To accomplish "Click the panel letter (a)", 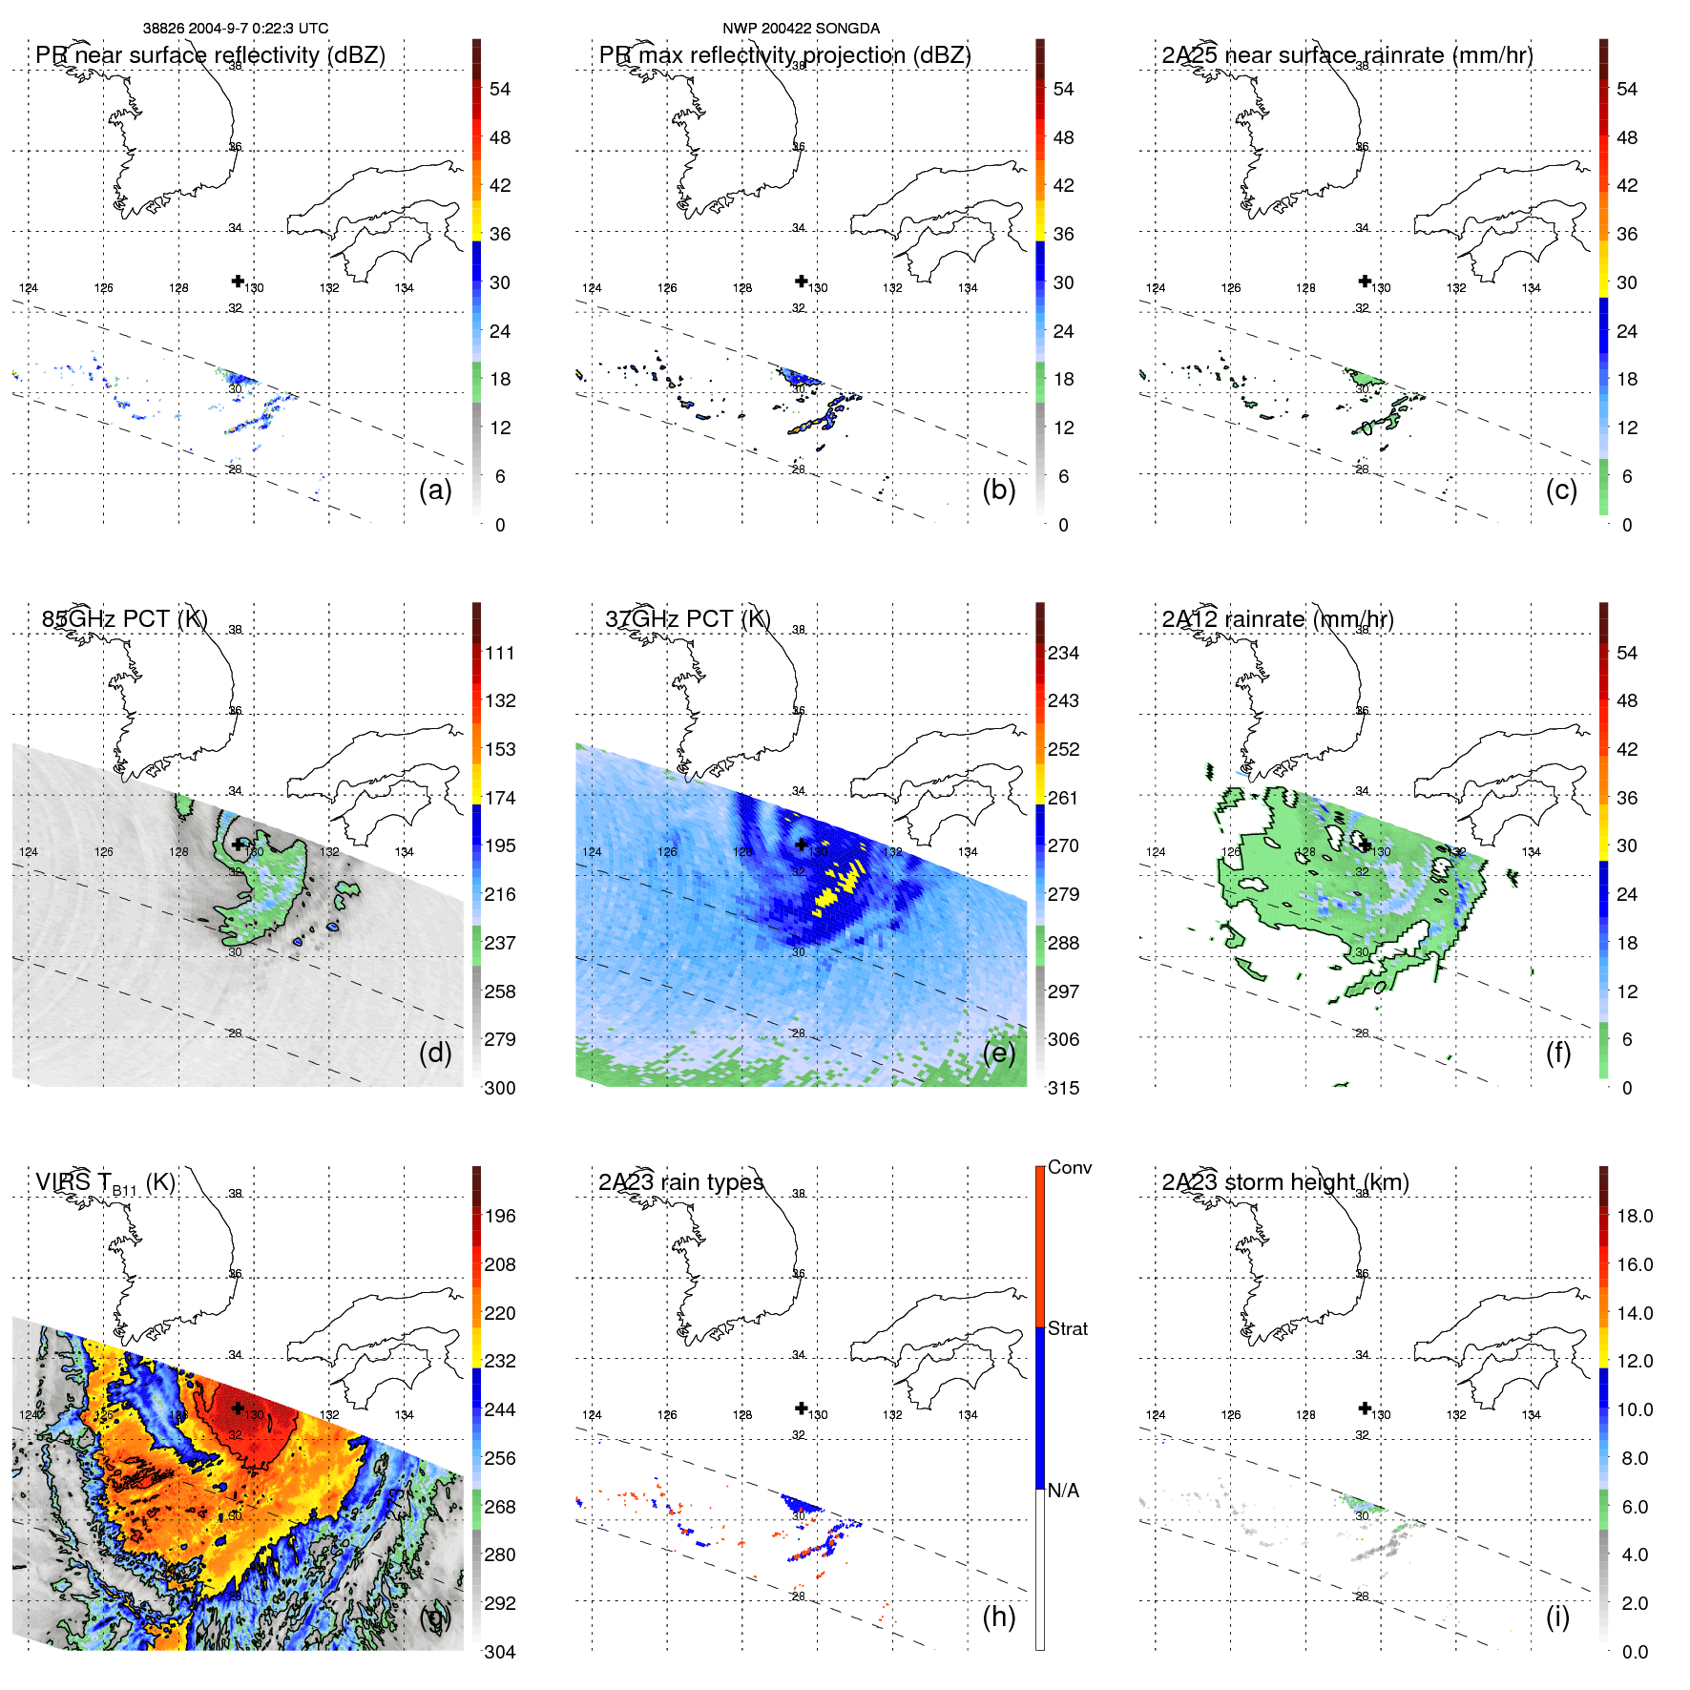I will point(435,490).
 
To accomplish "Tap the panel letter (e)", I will point(999,1054).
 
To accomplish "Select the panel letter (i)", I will point(1557,1617).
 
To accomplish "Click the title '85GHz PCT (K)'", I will point(124,618).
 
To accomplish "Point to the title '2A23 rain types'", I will point(680,1182).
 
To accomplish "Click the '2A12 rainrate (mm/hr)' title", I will point(1277,618).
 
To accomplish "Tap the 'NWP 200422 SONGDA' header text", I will point(801,28).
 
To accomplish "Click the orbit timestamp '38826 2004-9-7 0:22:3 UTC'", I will point(236,28).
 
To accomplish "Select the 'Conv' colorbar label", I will point(1069,1167).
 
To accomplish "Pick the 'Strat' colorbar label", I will point(1067,1328).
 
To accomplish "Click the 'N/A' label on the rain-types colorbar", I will point(1063,1491).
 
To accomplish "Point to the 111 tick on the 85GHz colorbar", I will point(500,653).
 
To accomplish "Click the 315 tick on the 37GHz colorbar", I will point(1063,1088).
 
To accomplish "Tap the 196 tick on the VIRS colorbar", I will point(500,1216).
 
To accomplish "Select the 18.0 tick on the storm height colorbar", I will point(1635,1216).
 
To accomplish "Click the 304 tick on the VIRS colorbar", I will point(500,1652).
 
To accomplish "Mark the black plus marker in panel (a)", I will point(238,281).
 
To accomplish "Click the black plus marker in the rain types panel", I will point(801,1408).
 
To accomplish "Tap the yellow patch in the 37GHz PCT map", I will point(830,893).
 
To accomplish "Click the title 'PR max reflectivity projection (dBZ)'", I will point(784,55).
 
